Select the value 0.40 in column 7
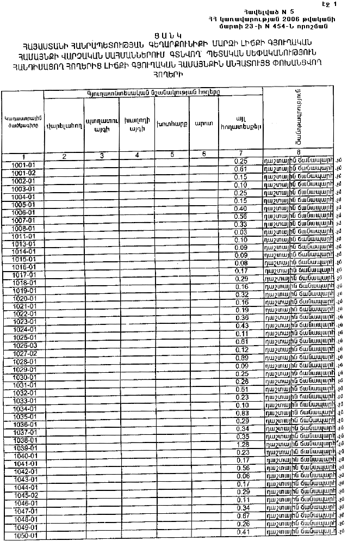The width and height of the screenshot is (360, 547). pyautogui.click(x=240, y=208)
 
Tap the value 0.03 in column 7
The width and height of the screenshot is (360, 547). pyautogui.click(x=240, y=232)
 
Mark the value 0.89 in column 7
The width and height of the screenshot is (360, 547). pyautogui.click(x=241, y=358)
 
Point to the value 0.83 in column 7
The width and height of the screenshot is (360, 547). pyautogui.click(x=241, y=413)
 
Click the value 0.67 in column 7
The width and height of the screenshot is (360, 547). pyautogui.click(x=241, y=515)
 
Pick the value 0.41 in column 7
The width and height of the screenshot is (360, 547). pyautogui.click(x=241, y=531)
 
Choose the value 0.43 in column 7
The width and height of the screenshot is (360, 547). pyautogui.click(x=241, y=325)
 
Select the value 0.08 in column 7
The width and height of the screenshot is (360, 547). pyautogui.click(x=240, y=263)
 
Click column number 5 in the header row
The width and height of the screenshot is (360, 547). pyautogui.click(x=172, y=155)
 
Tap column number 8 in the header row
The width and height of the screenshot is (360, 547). pyautogui.click(x=299, y=152)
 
